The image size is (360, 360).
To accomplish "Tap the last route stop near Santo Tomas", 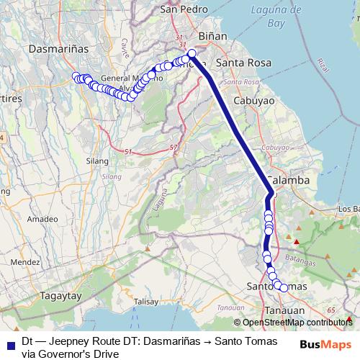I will pos(284,288).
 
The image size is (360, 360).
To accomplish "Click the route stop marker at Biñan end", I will pos(192,53).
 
